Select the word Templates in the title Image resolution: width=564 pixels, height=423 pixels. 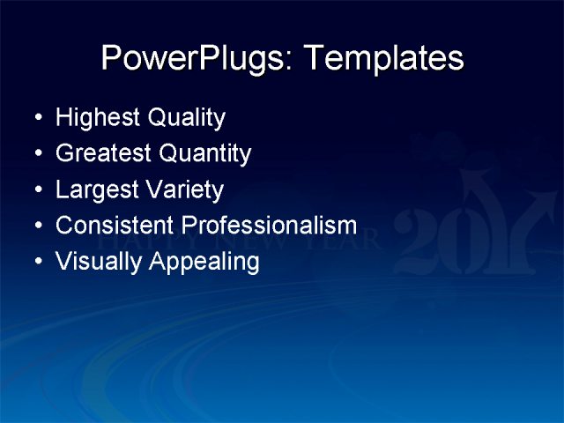coord(383,59)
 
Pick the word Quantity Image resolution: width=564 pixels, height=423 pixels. coord(204,154)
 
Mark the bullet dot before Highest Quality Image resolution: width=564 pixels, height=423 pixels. coord(36,118)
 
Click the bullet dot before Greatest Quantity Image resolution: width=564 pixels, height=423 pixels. coord(36,154)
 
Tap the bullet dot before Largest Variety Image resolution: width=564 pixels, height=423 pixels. coord(36,190)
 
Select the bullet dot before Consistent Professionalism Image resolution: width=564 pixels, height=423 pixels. coord(36,226)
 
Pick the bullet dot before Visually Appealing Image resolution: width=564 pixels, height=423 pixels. coord(36,263)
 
